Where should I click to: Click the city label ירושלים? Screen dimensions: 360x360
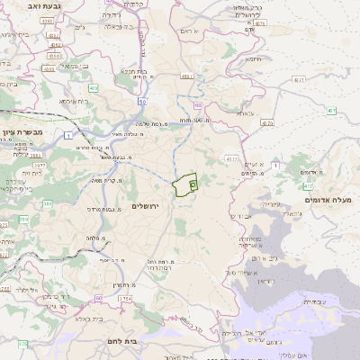pos(144,207)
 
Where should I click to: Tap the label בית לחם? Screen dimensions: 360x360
pos(131,342)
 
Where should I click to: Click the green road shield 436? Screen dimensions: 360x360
pos(94,88)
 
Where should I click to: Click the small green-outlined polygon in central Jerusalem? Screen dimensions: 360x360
pos(186,185)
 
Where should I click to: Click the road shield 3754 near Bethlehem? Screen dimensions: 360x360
pos(124,298)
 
